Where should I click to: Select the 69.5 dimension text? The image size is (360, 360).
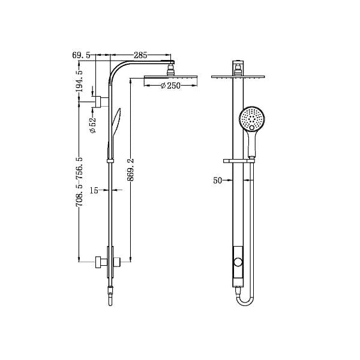[x=82, y=55]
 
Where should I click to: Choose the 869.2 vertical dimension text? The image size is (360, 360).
[x=131, y=173]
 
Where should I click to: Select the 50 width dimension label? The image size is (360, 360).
[x=218, y=179]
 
